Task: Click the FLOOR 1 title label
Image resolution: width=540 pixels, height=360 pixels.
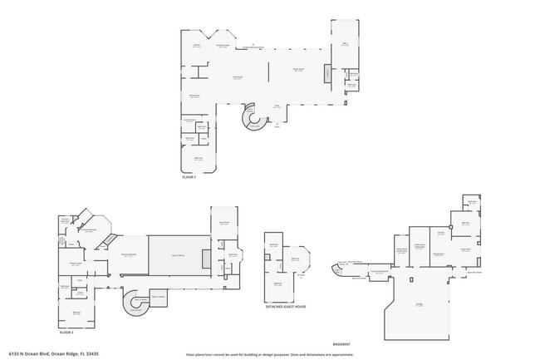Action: (189, 178)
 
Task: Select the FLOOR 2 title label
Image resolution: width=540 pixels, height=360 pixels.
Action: (66, 332)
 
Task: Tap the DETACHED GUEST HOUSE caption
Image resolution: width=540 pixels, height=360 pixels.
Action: (285, 307)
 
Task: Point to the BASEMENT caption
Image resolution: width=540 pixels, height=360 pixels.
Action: (341, 343)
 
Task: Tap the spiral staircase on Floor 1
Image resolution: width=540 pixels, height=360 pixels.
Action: (252, 119)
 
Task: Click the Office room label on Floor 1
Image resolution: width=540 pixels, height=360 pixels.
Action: (344, 45)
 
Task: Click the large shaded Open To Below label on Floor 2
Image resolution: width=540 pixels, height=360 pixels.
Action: (177, 255)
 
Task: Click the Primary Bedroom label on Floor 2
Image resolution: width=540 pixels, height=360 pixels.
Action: (129, 255)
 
